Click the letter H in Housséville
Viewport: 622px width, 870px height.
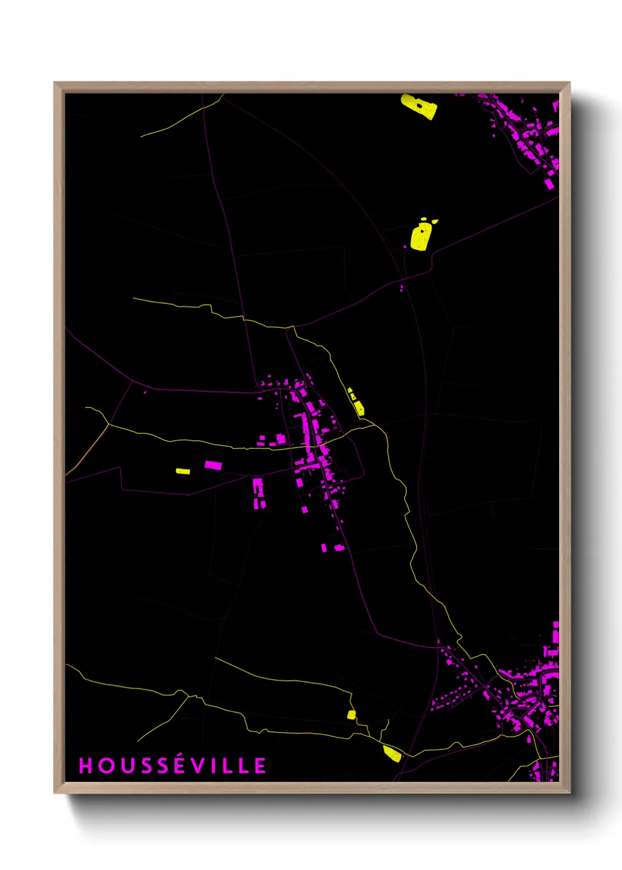pos(86,765)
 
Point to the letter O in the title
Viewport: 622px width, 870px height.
pos(105,765)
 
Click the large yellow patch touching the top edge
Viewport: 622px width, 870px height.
pos(419,106)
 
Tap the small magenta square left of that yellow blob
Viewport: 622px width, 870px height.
pos(405,247)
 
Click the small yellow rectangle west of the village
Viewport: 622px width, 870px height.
pos(183,471)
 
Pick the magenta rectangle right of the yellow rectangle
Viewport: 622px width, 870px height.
pos(213,465)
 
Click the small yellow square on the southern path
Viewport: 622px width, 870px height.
pos(351,715)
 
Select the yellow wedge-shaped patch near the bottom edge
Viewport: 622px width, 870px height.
pos(392,753)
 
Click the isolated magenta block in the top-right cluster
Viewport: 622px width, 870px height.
pos(549,183)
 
